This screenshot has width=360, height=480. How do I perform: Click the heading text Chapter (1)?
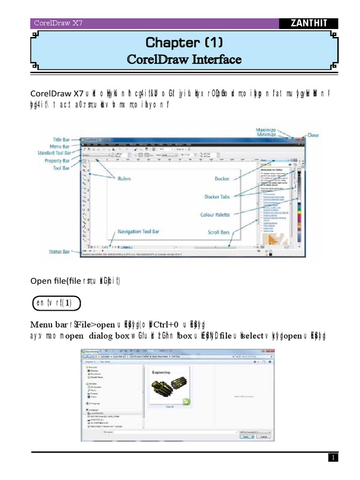(184, 43)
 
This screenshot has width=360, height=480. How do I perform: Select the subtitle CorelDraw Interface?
(184, 60)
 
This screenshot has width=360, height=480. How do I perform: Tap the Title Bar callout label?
(64, 139)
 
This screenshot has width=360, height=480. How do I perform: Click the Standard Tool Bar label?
(55, 153)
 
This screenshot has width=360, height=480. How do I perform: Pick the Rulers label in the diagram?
(124, 179)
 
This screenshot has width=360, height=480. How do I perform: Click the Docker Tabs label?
(217, 196)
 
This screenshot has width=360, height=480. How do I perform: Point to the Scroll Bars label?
(218, 232)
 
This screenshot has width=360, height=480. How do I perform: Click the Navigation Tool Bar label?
(138, 232)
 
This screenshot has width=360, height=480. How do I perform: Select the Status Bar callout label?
(60, 252)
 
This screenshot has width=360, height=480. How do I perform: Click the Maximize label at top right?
(266, 129)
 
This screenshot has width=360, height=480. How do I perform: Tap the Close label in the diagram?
(313, 135)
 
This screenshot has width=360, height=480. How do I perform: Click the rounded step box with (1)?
(57, 303)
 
